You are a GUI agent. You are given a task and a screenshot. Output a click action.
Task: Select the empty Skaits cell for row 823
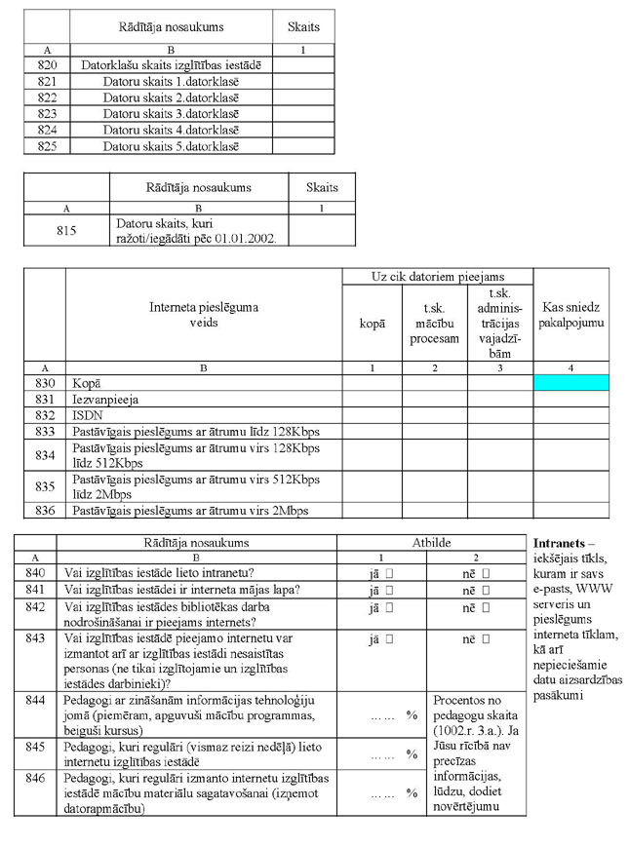(303, 113)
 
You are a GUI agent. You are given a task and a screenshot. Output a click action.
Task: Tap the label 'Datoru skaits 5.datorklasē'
(171, 146)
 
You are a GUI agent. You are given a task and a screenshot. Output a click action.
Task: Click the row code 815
(66, 231)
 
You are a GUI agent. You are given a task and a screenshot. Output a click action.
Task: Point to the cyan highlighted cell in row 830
(570, 383)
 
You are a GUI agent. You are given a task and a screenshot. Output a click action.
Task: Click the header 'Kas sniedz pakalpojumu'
(570, 313)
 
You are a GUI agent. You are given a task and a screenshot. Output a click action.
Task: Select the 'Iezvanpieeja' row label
(105, 400)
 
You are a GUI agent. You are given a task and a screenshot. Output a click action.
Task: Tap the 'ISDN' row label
(86, 415)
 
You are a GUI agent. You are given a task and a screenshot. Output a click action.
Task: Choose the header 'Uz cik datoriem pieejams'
(437, 277)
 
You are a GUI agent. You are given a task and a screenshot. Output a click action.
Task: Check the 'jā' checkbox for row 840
(389, 573)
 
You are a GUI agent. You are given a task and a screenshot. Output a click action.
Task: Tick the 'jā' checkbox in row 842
(389, 607)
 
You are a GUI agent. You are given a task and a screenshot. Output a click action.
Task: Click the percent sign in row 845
(412, 754)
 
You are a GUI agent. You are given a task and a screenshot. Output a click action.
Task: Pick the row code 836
(44, 510)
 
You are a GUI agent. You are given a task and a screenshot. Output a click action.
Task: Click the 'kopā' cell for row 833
(372, 432)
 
